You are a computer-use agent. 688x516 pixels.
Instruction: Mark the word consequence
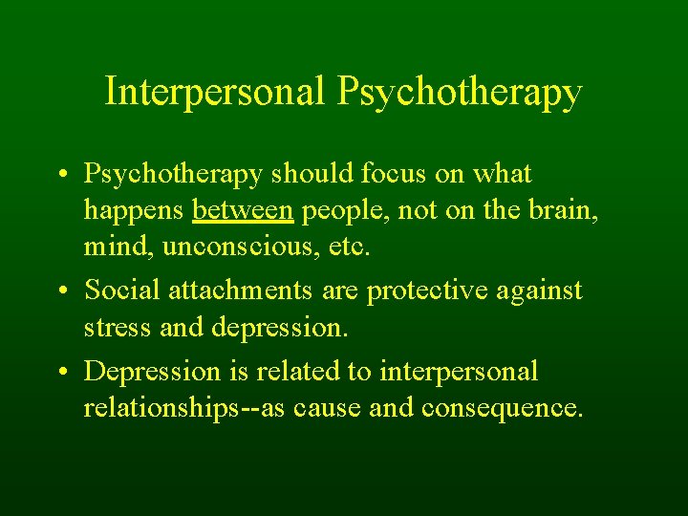pyautogui.click(x=502, y=409)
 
